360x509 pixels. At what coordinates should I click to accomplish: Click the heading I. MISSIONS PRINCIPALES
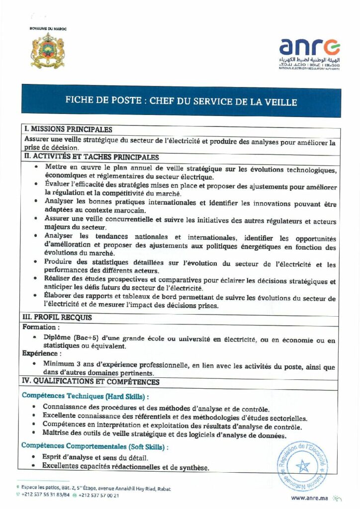[69, 130]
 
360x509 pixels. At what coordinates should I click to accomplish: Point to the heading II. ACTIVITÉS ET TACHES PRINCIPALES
[91, 157]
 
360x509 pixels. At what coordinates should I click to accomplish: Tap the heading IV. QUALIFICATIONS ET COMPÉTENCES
[91, 382]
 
